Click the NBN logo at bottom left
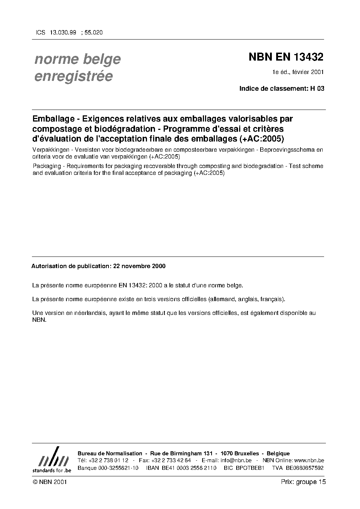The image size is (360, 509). click(x=52, y=460)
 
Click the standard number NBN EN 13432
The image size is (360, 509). click(x=286, y=57)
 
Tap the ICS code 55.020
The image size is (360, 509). click(x=93, y=32)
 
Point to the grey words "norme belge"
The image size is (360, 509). click(x=77, y=59)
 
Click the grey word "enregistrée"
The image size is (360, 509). click(x=73, y=76)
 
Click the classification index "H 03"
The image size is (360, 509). click(x=317, y=88)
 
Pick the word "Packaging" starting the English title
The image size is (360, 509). click(x=46, y=166)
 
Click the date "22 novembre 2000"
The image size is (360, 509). click(x=139, y=266)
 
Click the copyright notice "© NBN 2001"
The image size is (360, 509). click(x=49, y=482)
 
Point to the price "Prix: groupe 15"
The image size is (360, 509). click(x=303, y=482)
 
